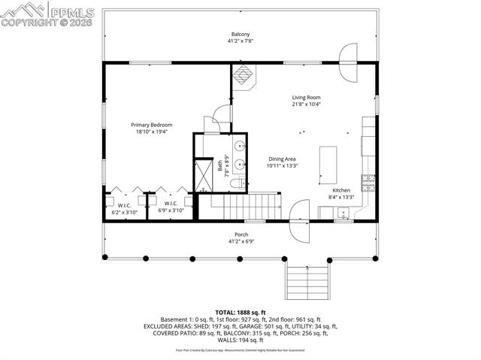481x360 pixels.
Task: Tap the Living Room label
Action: click(x=307, y=97)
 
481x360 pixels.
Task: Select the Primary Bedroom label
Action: click(x=152, y=125)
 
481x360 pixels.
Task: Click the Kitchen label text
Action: click(x=341, y=190)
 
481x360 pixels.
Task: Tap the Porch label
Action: click(x=241, y=234)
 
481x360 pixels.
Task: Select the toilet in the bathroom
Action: click(x=235, y=184)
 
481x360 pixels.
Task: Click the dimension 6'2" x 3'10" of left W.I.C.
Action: click(x=125, y=212)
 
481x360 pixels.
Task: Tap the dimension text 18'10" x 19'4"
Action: click(x=152, y=132)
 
